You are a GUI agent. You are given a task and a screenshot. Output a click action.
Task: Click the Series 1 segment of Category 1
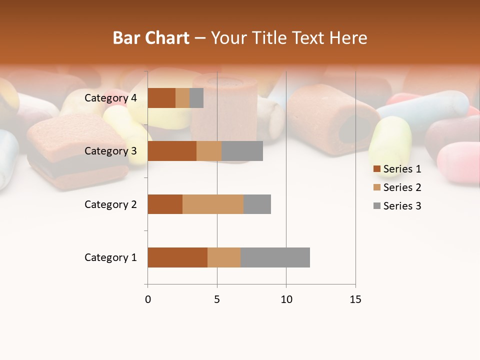pos(177,257)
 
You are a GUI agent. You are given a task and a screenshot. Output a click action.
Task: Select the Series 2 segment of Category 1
pos(224,257)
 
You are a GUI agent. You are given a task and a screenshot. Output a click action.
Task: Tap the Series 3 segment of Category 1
pos(275,257)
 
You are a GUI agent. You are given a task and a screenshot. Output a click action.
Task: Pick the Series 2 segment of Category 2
pos(213,204)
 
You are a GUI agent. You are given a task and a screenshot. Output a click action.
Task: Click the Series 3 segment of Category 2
pos(257,204)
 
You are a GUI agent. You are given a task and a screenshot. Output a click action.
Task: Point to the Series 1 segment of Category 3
pos(172,151)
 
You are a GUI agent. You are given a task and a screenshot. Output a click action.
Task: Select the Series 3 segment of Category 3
pos(242,151)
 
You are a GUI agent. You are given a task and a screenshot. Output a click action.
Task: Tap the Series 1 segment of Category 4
pos(161,98)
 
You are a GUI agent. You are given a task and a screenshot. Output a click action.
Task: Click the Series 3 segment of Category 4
pos(196,98)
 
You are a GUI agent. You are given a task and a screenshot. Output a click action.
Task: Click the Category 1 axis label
pos(110,257)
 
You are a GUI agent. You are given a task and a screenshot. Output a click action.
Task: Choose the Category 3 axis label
pos(110,151)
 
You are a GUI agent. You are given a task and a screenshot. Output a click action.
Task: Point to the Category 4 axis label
pos(110,98)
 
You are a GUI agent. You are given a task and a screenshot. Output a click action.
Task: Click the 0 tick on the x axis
pos(148,299)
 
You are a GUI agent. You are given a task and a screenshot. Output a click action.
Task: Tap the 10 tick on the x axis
pos(286,299)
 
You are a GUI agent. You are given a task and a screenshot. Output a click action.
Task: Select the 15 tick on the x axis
pos(355,299)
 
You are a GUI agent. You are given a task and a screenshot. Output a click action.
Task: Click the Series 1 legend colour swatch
pos(377,169)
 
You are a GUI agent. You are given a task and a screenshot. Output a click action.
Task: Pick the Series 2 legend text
pos(402,187)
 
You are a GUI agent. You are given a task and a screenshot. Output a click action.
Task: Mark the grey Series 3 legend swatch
pos(377,206)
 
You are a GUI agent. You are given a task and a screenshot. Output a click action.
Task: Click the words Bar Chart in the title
pos(151,38)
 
